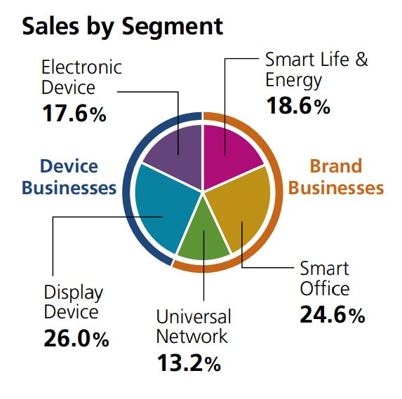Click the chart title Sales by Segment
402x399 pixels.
pyautogui.click(x=123, y=25)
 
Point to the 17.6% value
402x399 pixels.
pyautogui.click(x=74, y=114)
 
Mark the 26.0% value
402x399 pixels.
pyautogui.click(x=76, y=339)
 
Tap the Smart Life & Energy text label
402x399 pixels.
pyautogui.click(x=316, y=69)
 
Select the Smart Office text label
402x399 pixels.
pyautogui.click(x=324, y=278)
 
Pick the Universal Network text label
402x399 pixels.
pyautogui.click(x=193, y=326)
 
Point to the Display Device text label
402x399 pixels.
pyautogui.click(x=73, y=302)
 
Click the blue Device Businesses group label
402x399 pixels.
pyautogui.click(x=69, y=177)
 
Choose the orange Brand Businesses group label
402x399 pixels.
pyautogui.click(x=336, y=177)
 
